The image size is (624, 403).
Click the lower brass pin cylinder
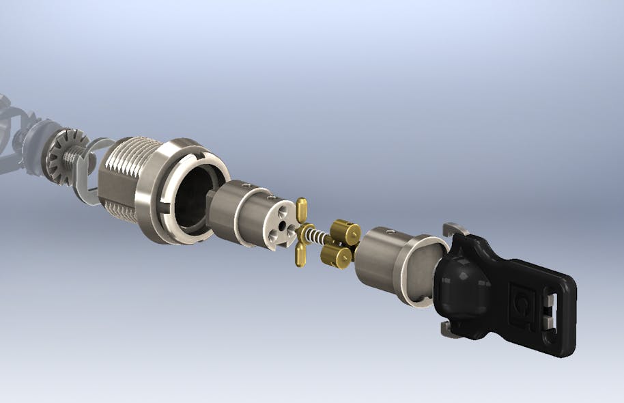click(337, 256)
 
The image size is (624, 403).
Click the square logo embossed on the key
click(522, 298)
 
